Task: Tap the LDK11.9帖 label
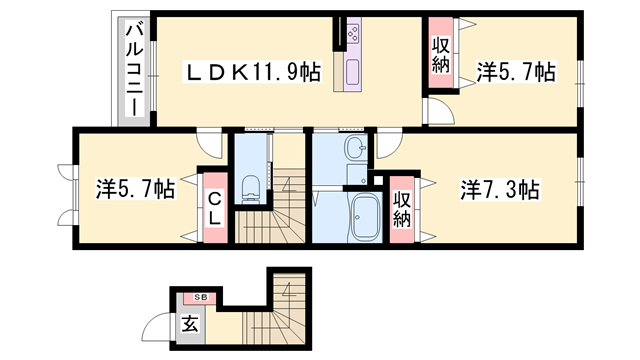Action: pyautogui.click(x=250, y=72)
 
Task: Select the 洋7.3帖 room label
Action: pyautogui.click(x=500, y=189)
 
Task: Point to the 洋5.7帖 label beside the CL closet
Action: pyautogui.click(x=135, y=189)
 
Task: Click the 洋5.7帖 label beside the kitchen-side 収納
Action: pyautogui.click(x=515, y=72)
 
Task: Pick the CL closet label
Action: pyautogui.click(x=215, y=203)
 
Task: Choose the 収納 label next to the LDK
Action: pyautogui.click(x=441, y=56)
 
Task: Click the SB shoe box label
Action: pyautogui.click(x=200, y=298)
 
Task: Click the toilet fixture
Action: pyautogui.click(x=251, y=185)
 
